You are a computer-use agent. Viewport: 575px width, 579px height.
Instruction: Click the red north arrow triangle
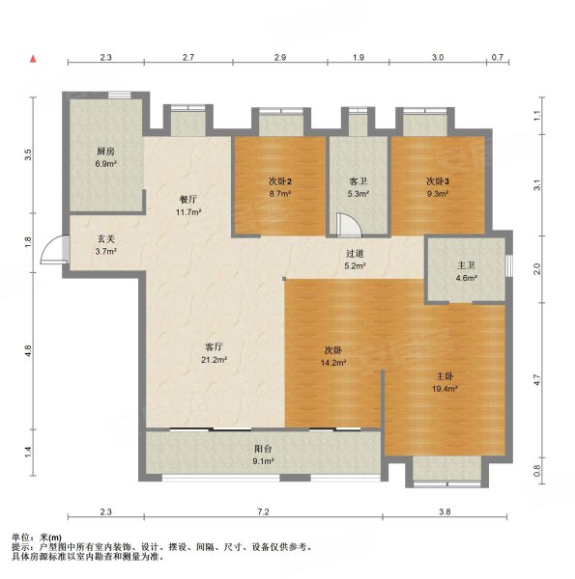point(33,59)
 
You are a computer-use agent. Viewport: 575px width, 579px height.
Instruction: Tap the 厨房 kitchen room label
point(105,152)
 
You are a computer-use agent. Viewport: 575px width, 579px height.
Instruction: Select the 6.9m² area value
point(105,164)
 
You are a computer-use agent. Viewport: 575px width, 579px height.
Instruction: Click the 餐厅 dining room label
point(188,200)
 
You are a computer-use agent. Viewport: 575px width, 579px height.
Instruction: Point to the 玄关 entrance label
point(106,239)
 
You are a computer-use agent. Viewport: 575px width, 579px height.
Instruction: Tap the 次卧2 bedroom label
point(280,181)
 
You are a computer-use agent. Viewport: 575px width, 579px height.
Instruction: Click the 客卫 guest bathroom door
point(349,225)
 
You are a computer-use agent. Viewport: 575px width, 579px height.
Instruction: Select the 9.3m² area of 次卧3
point(438,194)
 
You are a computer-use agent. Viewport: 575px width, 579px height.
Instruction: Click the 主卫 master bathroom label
point(466,265)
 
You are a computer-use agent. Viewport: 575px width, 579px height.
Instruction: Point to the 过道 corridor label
point(355,254)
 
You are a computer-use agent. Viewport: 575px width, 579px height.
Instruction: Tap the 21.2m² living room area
point(215,360)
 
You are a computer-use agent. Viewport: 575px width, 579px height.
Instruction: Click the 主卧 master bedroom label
point(445,376)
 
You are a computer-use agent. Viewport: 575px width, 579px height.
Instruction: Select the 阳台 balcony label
point(263,449)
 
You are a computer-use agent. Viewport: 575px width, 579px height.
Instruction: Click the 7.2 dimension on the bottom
point(263,511)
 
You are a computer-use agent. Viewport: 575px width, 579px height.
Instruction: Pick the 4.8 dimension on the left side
point(28,351)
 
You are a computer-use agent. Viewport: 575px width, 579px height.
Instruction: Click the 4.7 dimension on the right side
point(537,379)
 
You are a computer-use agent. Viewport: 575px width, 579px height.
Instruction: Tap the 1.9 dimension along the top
point(359,57)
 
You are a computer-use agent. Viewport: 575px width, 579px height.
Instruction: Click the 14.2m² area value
point(333,363)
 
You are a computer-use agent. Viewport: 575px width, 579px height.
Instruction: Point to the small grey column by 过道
point(284,279)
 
